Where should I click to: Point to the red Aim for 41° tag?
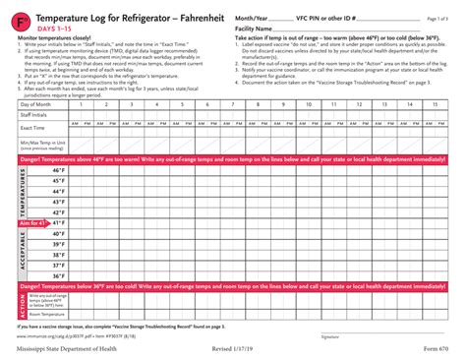click(x=33, y=223)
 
